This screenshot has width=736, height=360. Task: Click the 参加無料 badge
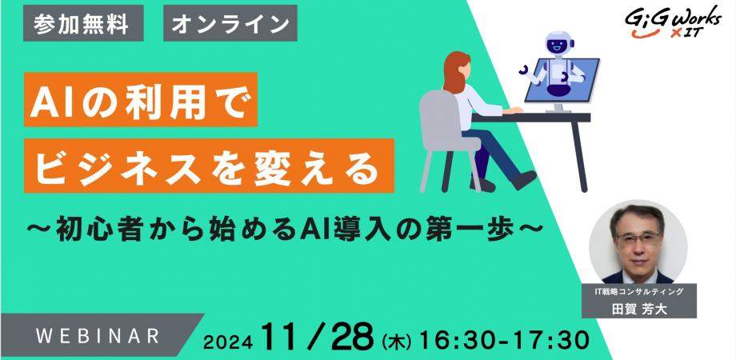(x=83, y=23)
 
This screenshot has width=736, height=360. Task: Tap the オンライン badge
(x=230, y=23)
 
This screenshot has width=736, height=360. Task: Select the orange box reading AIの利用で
(x=141, y=99)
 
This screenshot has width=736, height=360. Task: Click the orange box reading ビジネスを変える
(x=209, y=166)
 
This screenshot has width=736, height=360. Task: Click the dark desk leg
(x=580, y=156)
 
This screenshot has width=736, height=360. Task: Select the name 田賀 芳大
(x=639, y=310)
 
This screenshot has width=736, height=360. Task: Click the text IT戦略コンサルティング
(x=639, y=292)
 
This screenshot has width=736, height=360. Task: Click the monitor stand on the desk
(x=557, y=107)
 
